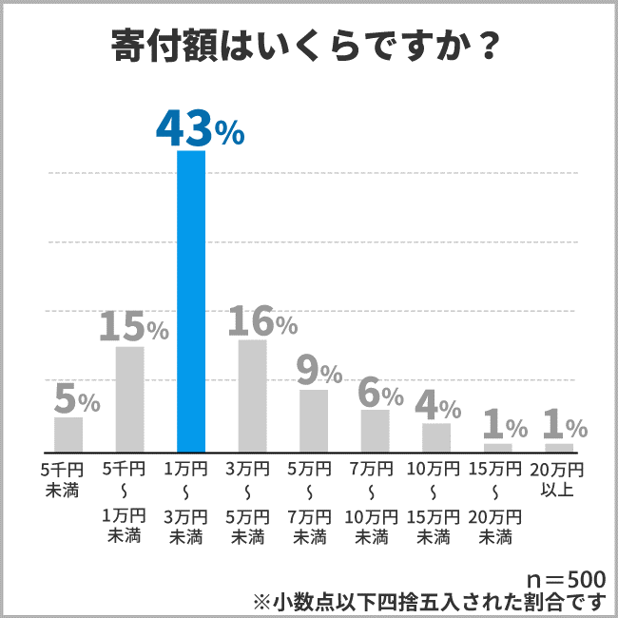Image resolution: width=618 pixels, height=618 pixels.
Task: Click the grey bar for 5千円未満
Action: click(x=68, y=435)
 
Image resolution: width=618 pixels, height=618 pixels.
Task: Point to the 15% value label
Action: click(x=134, y=327)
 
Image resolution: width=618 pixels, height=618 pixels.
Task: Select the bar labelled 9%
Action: click(x=314, y=420)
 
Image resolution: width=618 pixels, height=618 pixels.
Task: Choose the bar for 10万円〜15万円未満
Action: click(x=436, y=437)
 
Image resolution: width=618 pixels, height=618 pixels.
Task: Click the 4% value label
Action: click(x=438, y=406)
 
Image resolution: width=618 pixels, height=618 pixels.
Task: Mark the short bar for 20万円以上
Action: click(x=559, y=447)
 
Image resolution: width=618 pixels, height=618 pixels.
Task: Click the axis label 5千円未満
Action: click(x=64, y=480)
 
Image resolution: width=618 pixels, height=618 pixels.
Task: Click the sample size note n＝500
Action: click(x=565, y=579)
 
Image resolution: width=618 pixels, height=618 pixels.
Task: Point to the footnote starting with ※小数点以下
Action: click(x=428, y=601)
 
